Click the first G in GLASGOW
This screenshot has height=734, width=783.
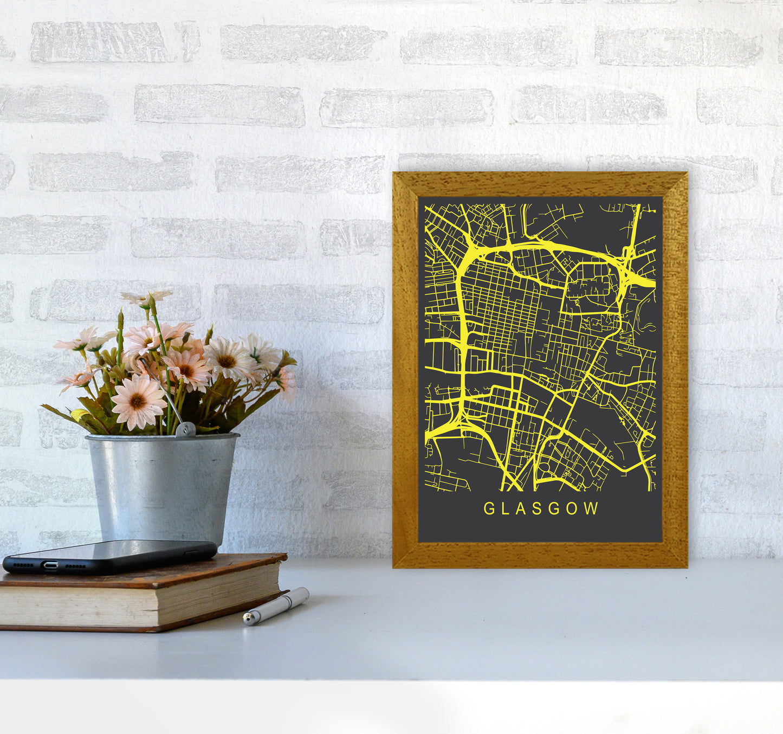click(488, 508)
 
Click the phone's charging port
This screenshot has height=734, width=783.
click(50, 565)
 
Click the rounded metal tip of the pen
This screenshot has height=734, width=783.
click(247, 619)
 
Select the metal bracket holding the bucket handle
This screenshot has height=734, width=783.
click(185, 429)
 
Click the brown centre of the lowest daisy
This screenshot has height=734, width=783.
click(138, 401)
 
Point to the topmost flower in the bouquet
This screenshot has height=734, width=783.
click(146, 298)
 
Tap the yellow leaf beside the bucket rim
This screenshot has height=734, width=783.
click(79, 415)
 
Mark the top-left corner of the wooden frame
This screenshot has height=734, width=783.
click(394, 174)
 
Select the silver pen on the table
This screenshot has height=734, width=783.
click(276, 606)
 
